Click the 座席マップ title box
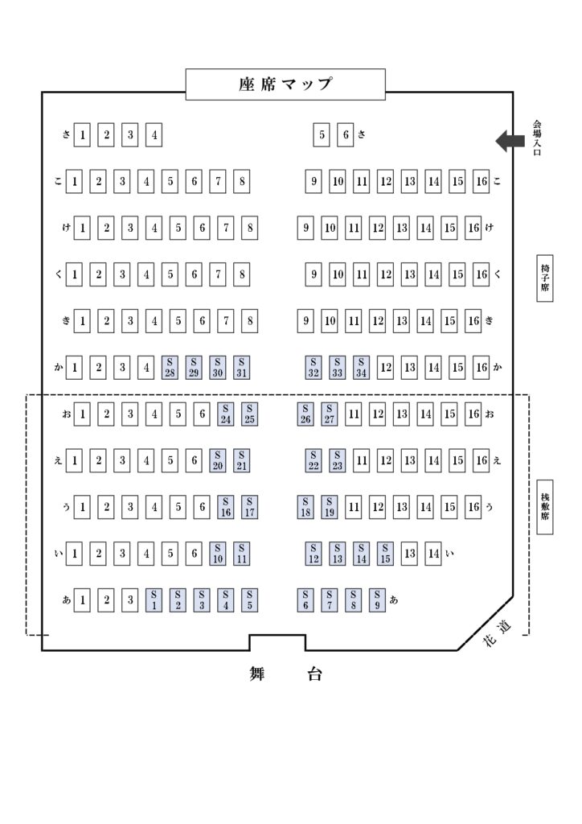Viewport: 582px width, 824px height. point(285,84)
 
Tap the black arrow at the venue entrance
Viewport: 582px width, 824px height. point(510,141)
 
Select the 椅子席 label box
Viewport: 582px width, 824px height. point(545,278)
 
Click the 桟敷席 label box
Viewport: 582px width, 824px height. point(545,507)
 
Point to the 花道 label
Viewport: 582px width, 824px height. point(497,632)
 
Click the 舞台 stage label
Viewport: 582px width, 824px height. point(285,674)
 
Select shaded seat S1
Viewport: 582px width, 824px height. point(154,600)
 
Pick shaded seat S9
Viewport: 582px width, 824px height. point(377,600)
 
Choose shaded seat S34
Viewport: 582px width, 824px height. point(361,367)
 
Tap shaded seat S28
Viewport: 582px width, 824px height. point(170,367)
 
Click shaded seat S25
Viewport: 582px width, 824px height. point(249,414)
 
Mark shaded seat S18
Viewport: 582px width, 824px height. point(305,507)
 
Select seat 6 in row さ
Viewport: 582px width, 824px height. point(346,135)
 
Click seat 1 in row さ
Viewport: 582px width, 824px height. point(82,135)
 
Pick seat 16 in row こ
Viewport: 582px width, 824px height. point(482,182)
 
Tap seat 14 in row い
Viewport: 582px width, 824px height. point(433,554)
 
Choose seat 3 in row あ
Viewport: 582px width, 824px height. point(130,600)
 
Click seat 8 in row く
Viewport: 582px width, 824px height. point(241,274)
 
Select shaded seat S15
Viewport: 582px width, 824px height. point(385,554)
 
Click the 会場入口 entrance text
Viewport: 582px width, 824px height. point(537,138)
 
